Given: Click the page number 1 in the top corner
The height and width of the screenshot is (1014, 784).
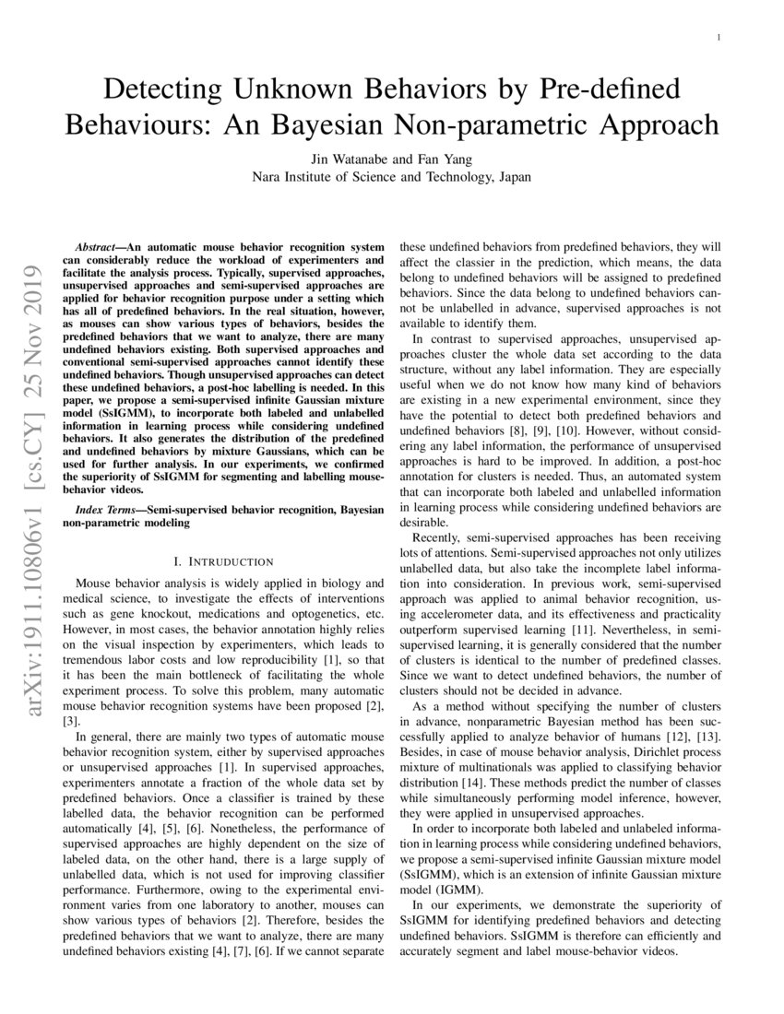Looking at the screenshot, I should click(717, 37).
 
